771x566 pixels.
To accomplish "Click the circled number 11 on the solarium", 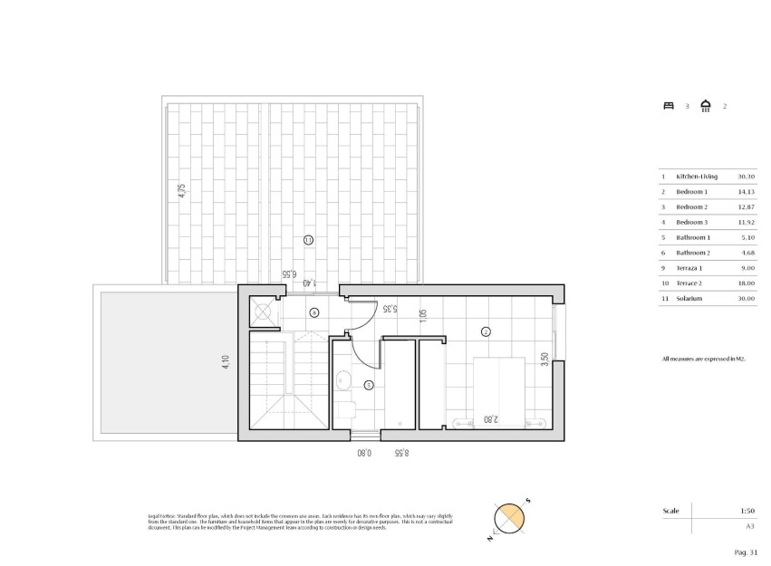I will click(308, 240).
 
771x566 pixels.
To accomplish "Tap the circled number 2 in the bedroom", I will click(486, 331).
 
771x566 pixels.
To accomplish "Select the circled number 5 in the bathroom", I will click(368, 385).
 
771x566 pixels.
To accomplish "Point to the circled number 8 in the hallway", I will click(314, 312).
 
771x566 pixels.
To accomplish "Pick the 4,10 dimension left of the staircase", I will click(226, 362).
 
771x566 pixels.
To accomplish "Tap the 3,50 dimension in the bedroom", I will click(544, 360).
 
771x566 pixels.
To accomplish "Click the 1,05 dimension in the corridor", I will click(422, 315).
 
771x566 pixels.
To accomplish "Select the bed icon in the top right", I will click(669, 106).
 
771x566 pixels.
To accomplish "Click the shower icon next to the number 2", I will click(706, 105).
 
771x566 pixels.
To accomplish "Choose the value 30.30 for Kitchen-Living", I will click(746, 177).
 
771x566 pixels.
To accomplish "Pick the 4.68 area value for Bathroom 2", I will click(747, 253).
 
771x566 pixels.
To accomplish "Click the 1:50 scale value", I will click(748, 512).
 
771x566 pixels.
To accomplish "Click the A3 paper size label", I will click(749, 526).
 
